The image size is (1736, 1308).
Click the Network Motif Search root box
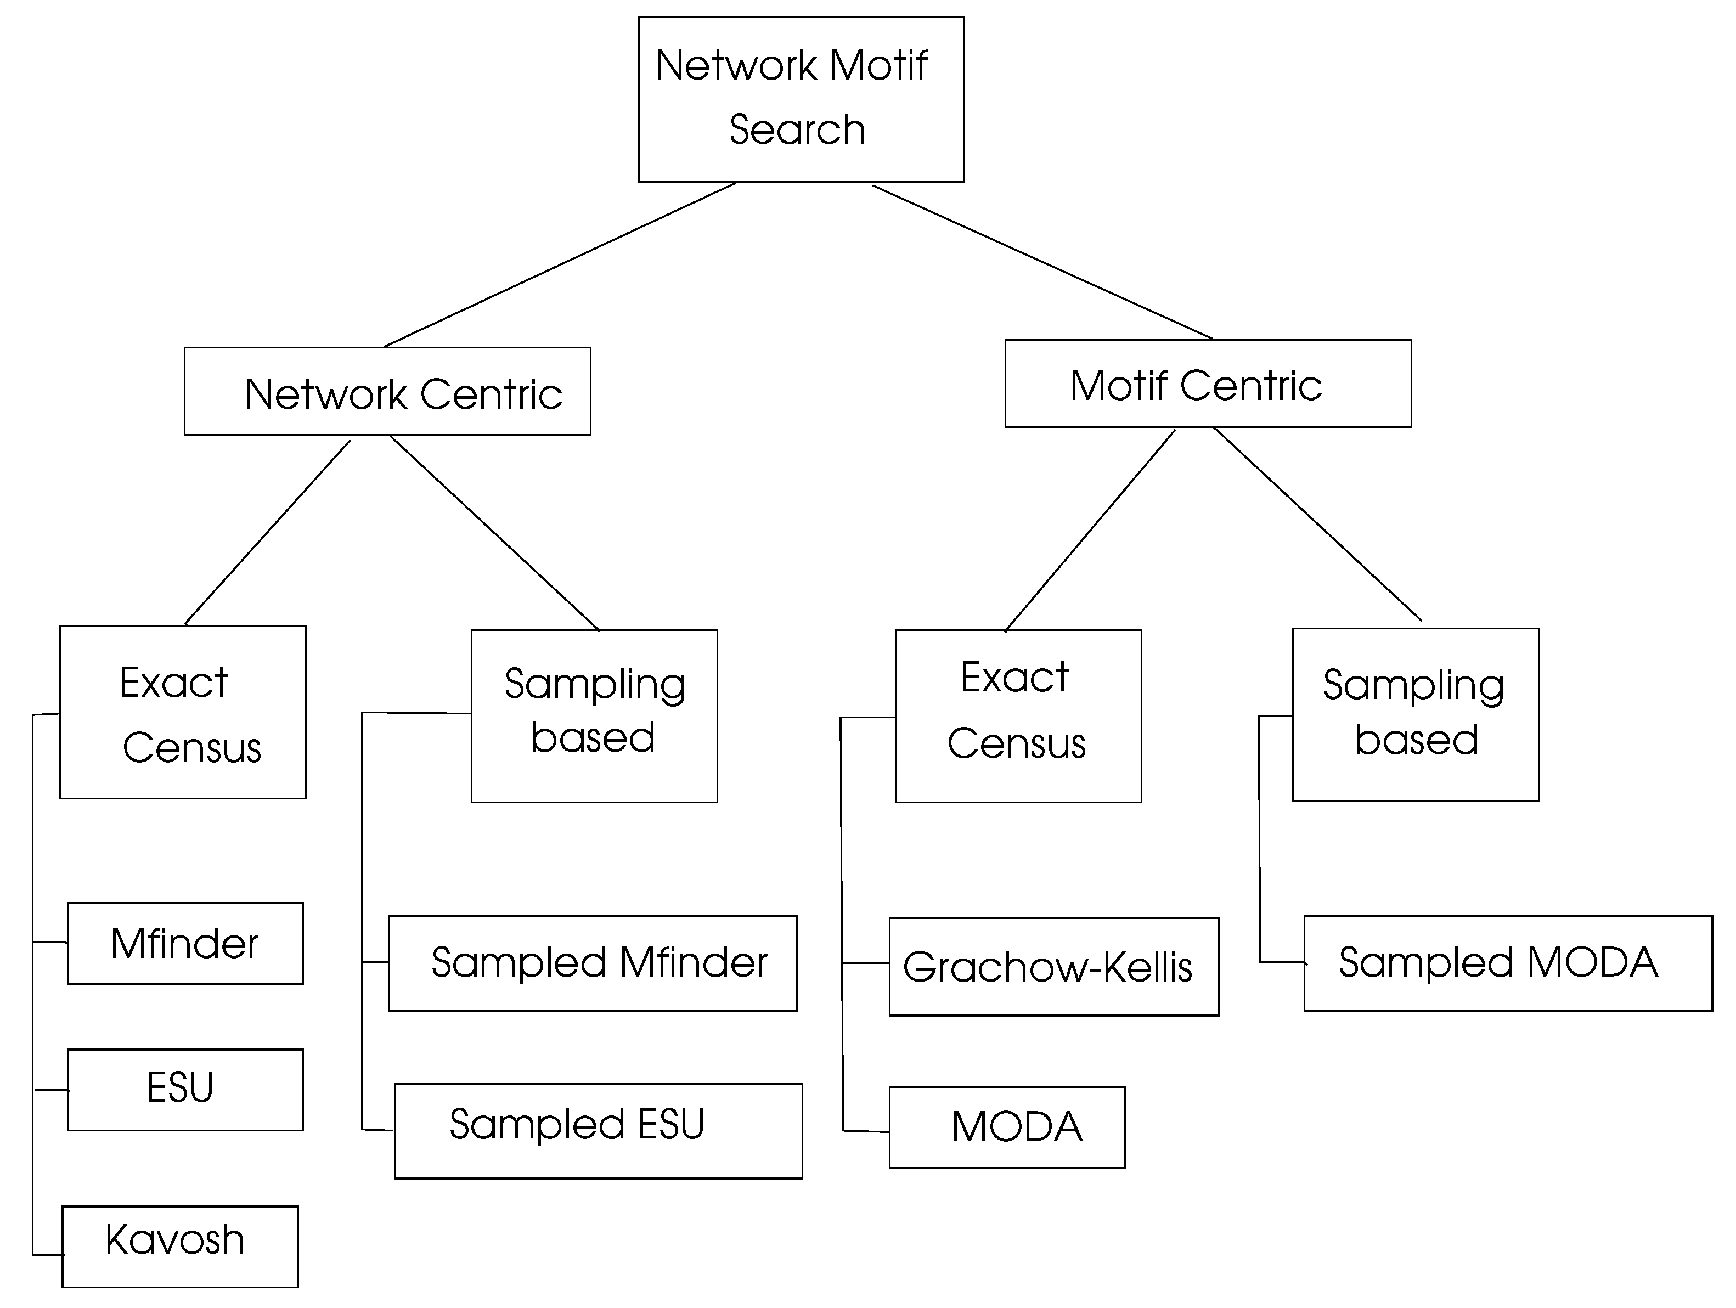click(801, 99)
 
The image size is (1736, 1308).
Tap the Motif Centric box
click(1208, 383)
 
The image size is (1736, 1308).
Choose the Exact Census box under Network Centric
click(183, 712)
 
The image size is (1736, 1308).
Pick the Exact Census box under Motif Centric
click(1018, 715)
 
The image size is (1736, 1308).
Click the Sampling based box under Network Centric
click(594, 715)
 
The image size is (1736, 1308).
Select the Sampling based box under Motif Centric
click(1416, 714)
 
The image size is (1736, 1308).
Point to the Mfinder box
click(185, 943)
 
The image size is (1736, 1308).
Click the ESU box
click(185, 1090)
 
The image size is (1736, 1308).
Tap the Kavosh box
click(180, 1247)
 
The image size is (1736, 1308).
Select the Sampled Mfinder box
click(593, 963)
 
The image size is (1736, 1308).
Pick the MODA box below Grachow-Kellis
click(1007, 1127)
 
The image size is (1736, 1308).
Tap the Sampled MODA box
click(1508, 963)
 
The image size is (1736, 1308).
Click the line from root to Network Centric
click(560, 264)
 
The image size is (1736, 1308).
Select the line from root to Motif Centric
click(1043, 262)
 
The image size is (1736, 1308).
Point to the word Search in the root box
click(797, 129)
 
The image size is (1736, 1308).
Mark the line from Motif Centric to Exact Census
click(1090, 531)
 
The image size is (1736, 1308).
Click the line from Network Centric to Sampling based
click(494, 533)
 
